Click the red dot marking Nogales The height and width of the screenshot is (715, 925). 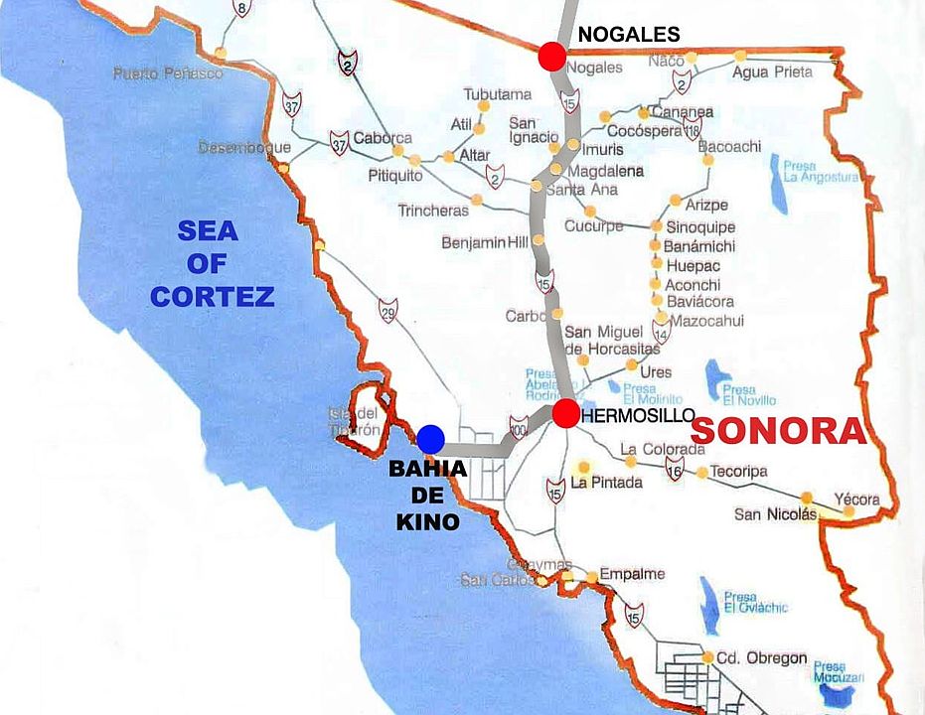tap(552, 57)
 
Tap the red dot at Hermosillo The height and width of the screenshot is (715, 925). tap(566, 414)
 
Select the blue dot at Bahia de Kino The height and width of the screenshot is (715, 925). tap(430, 438)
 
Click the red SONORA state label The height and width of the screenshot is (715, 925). tap(778, 431)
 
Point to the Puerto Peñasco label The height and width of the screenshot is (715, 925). tap(168, 73)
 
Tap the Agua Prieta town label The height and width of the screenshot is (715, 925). tap(772, 71)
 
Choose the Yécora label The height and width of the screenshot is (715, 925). tap(856, 500)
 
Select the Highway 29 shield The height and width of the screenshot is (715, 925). tap(387, 310)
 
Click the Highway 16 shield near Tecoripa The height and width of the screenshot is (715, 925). tap(676, 469)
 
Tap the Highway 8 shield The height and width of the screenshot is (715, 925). tap(240, 9)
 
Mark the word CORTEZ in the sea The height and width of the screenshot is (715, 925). tap(212, 295)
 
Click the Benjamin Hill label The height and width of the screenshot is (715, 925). tap(486, 243)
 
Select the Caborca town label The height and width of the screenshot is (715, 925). tap(383, 138)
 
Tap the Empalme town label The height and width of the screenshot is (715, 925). tap(633, 575)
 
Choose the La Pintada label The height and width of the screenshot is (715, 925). tap(607, 483)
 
